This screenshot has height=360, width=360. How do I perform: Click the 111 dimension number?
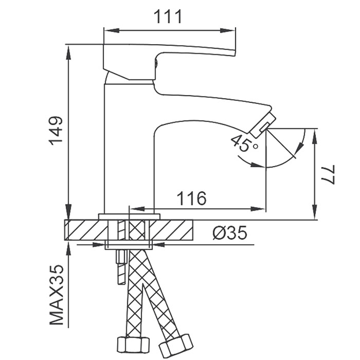coord(168,16)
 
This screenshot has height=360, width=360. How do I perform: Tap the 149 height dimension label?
coord(56,131)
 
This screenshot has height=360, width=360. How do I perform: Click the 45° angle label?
coord(244,143)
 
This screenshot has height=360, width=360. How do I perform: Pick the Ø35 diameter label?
coord(230,232)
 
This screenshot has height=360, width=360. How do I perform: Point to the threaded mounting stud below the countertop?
coord(122,267)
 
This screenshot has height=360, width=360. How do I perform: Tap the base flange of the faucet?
coord(129,217)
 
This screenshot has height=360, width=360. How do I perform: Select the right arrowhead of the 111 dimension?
coord(228,30)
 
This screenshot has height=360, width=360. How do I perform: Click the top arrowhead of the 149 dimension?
coord(68,52)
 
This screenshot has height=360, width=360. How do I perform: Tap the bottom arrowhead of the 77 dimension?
coord(315,212)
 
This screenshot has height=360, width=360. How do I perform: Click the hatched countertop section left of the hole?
coord(86,230)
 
